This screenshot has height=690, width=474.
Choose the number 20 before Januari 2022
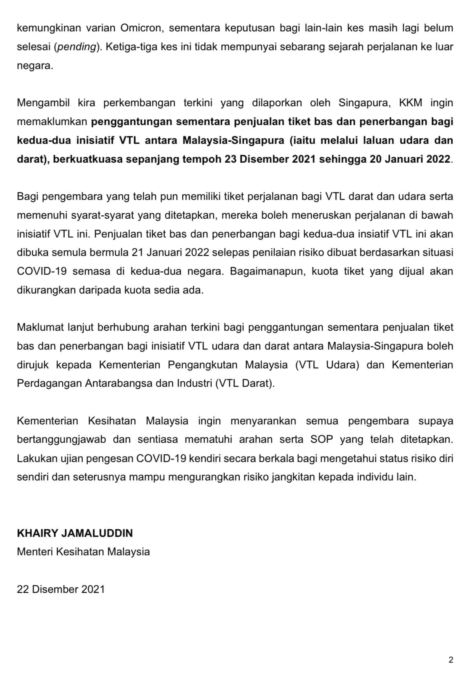[x=376, y=159]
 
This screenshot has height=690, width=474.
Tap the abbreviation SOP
[x=321, y=440]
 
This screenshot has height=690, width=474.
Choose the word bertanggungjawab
[x=62, y=440]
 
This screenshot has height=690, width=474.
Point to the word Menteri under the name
[x=35, y=552]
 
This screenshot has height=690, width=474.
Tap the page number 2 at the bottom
[x=451, y=660]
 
